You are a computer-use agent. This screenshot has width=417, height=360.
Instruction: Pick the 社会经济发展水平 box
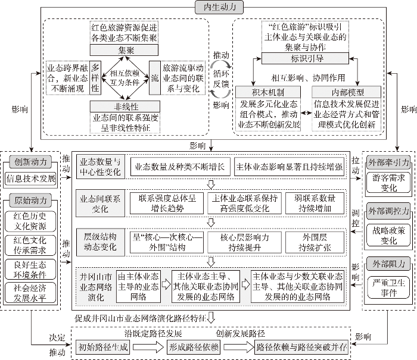[32, 293]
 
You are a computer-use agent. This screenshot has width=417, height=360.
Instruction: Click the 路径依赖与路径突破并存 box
[301, 348]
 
